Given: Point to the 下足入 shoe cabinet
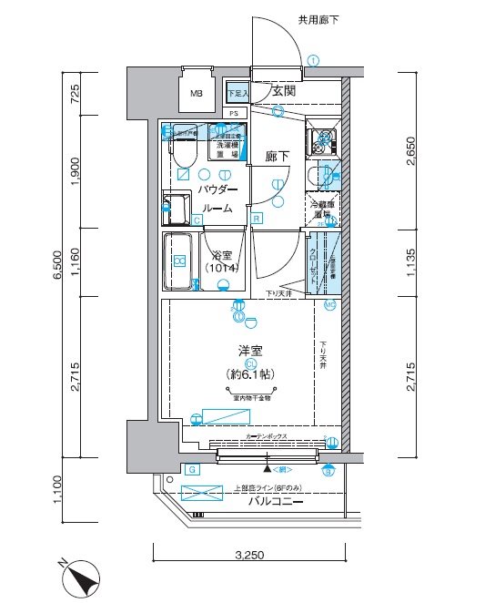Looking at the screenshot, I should (x=237, y=93).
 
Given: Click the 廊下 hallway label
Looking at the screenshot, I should (x=278, y=156).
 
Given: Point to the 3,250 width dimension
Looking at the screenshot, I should (x=250, y=554).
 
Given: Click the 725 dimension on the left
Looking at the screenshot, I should (x=76, y=92).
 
